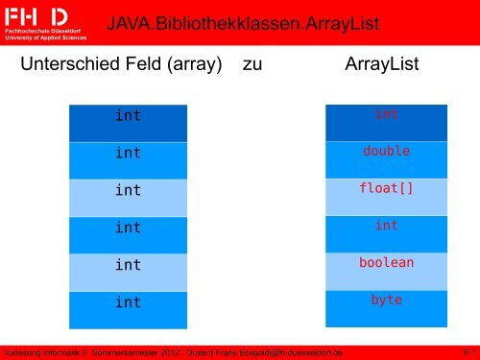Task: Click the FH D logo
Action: (37, 15)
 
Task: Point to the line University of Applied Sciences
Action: (45, 38)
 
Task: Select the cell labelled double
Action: (386, 152)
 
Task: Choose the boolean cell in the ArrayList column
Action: (386, 262)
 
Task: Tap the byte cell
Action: (386, 300)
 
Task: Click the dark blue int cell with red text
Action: (386, 114)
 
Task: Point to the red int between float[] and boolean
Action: (386, 226)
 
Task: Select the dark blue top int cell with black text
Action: (127, 115)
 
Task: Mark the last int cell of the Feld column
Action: (127, 302)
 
